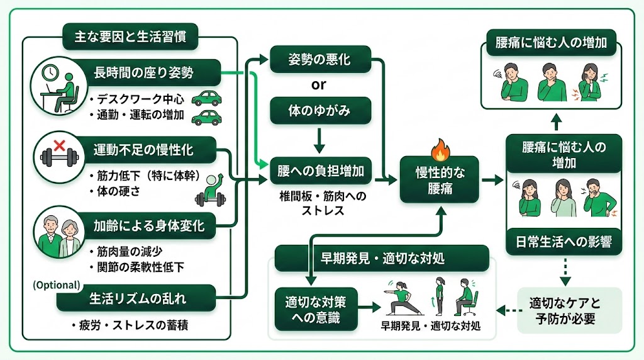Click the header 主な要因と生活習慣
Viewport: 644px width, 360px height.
tap(130, 37)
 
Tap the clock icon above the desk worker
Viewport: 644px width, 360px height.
tap(50, 73)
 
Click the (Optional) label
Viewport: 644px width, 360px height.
tap(57, 285)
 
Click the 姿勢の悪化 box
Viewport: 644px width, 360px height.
tap(319, 60)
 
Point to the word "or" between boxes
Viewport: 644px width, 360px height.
tap(319, 85)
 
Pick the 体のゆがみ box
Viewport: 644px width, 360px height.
tap(319, 111)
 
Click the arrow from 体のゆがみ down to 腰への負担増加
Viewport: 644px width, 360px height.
tap(319, 140)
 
